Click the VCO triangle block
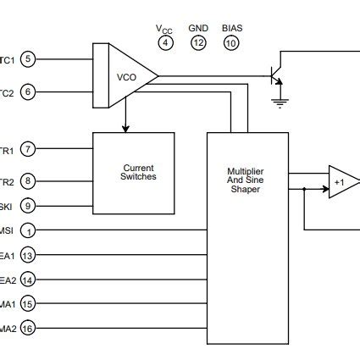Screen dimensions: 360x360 [x=128, y=76]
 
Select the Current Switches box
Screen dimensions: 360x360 [x=139, y=172]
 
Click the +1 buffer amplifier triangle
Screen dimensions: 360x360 [x=342, y=181]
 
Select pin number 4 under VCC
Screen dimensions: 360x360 [x=165, y=42]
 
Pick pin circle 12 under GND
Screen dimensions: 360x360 [x=198, y=42]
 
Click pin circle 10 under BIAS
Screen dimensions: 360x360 [x=231, y=42]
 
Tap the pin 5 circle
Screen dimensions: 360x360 [x=28, y=59]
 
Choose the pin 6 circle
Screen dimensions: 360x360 [x=28, y=91]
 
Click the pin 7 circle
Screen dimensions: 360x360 [x=28, y=150]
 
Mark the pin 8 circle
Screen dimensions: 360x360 [x=28, y=180]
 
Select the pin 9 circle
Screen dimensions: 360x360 [x=28, y=204]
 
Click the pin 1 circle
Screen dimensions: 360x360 [x=28, y=230]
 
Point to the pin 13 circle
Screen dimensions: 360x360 [x=28, y=255]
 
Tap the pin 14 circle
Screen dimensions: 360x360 [x=28, y=280]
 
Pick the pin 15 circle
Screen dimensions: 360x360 [x=28, y=304]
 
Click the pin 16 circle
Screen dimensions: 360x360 [x=28, y=329]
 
